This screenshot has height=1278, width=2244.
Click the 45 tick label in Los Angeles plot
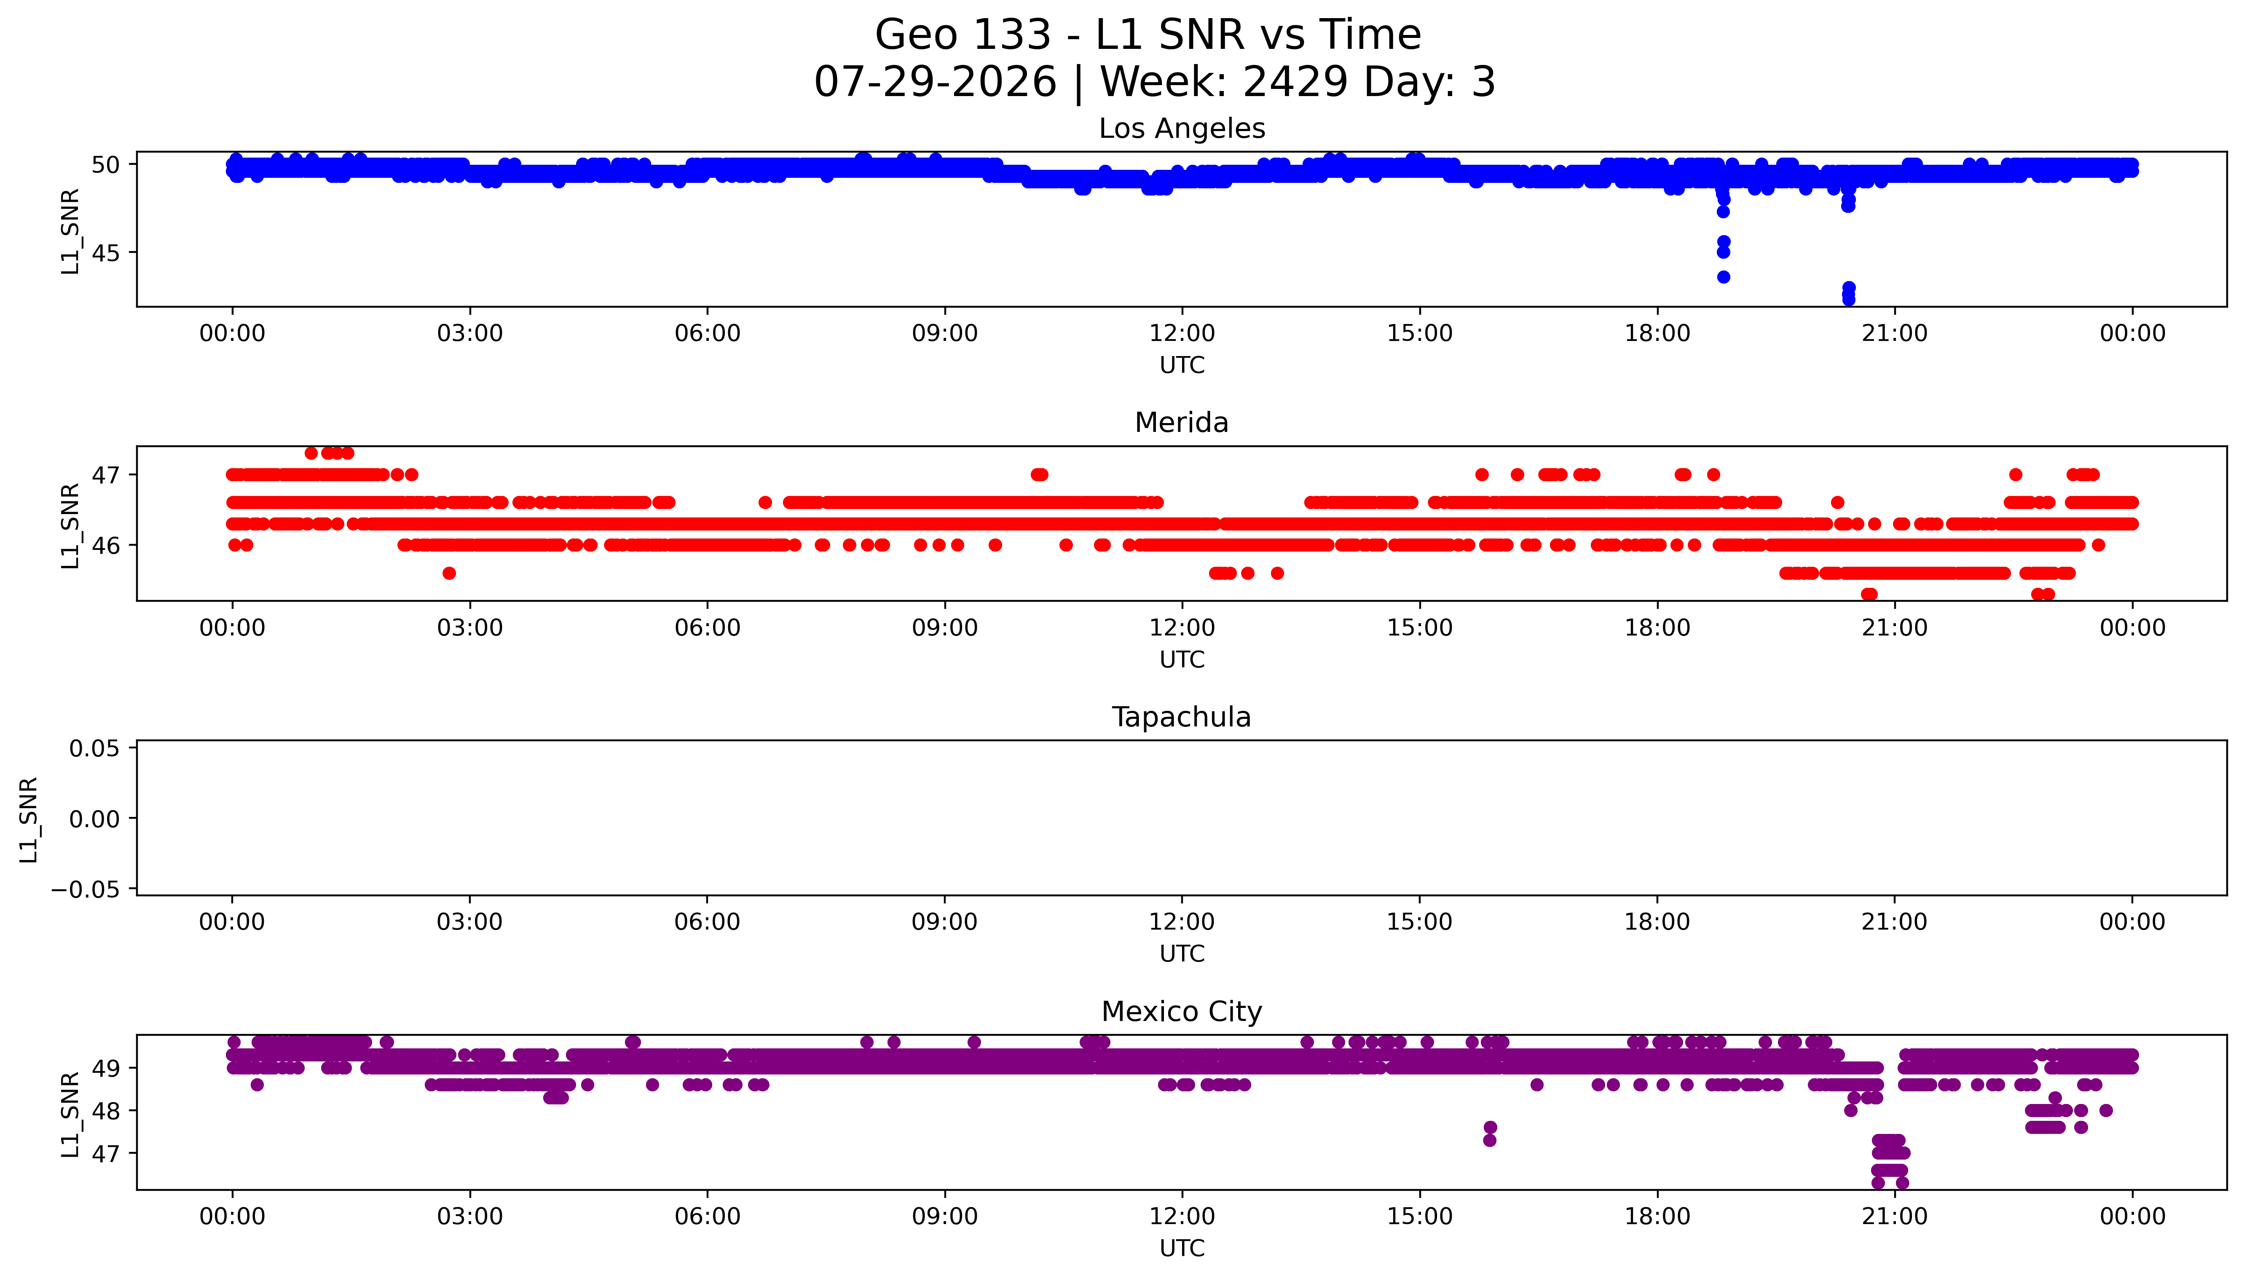(105, 253)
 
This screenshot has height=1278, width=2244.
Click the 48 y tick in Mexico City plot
(105, 1110)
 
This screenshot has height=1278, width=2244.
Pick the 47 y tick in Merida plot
(105, 475)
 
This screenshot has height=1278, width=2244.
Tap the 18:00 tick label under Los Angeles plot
(1657, 334)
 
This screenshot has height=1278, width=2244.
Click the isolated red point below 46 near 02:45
(448, 573)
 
